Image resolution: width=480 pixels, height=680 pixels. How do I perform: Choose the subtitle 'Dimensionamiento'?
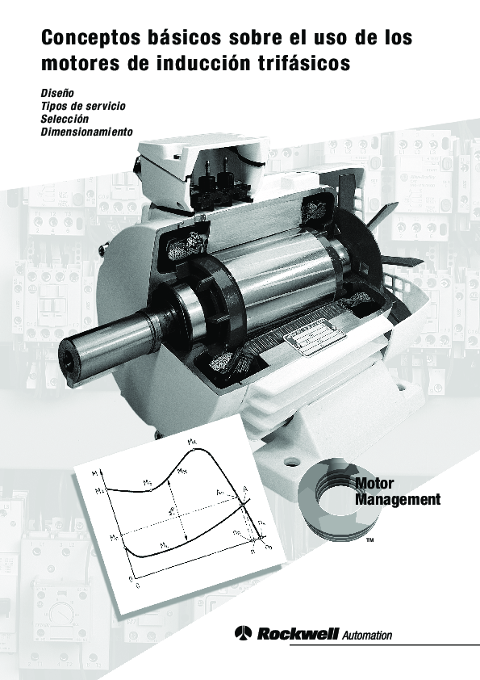pos(86,131)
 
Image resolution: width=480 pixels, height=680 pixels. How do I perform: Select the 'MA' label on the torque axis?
pos(98,489)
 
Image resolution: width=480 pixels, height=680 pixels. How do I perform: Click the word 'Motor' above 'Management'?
pos(374,483)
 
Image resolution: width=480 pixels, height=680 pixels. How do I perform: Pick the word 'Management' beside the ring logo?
pos(398,500)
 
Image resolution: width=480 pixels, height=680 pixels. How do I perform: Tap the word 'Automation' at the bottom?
pos(367,636)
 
